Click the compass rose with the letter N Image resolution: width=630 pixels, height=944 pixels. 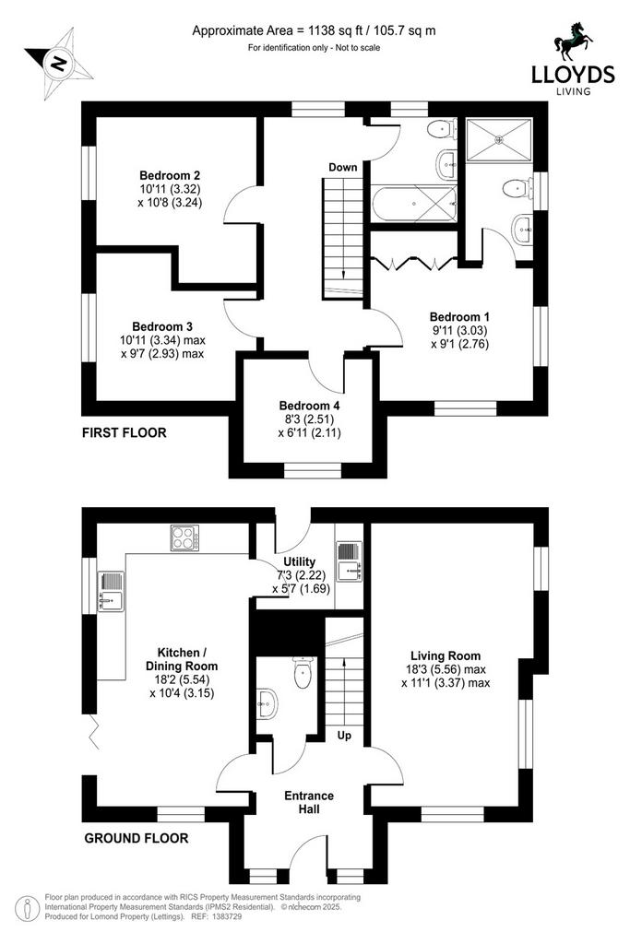(59, 64)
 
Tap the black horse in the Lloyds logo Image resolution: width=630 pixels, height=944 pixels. (573, 42)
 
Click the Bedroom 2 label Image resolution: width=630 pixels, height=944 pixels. (170, 176)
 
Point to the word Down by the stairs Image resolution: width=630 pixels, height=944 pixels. (343, 168)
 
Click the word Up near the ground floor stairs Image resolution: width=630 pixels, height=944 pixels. (344, 736)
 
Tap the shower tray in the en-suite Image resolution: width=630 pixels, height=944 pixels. (499, 140)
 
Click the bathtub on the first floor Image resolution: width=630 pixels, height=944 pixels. (414, 204)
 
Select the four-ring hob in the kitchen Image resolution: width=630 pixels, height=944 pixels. (184, 537)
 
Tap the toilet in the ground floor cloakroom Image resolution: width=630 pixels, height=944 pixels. (303, 672)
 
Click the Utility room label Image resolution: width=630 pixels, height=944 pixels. (300, 561)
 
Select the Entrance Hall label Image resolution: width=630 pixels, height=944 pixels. (309, 803)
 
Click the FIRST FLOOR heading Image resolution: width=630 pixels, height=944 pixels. (125, 432)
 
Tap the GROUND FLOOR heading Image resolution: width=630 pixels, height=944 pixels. (137, 838)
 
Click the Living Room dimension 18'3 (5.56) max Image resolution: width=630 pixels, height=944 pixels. (446, 669)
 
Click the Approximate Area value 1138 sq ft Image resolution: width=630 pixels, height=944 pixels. (334, 30)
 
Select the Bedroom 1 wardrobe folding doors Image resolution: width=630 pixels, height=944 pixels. (412, 263)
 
